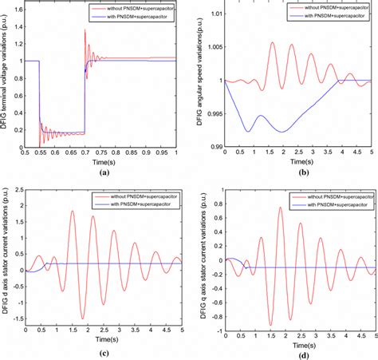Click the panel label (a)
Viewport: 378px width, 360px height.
point(102,172)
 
